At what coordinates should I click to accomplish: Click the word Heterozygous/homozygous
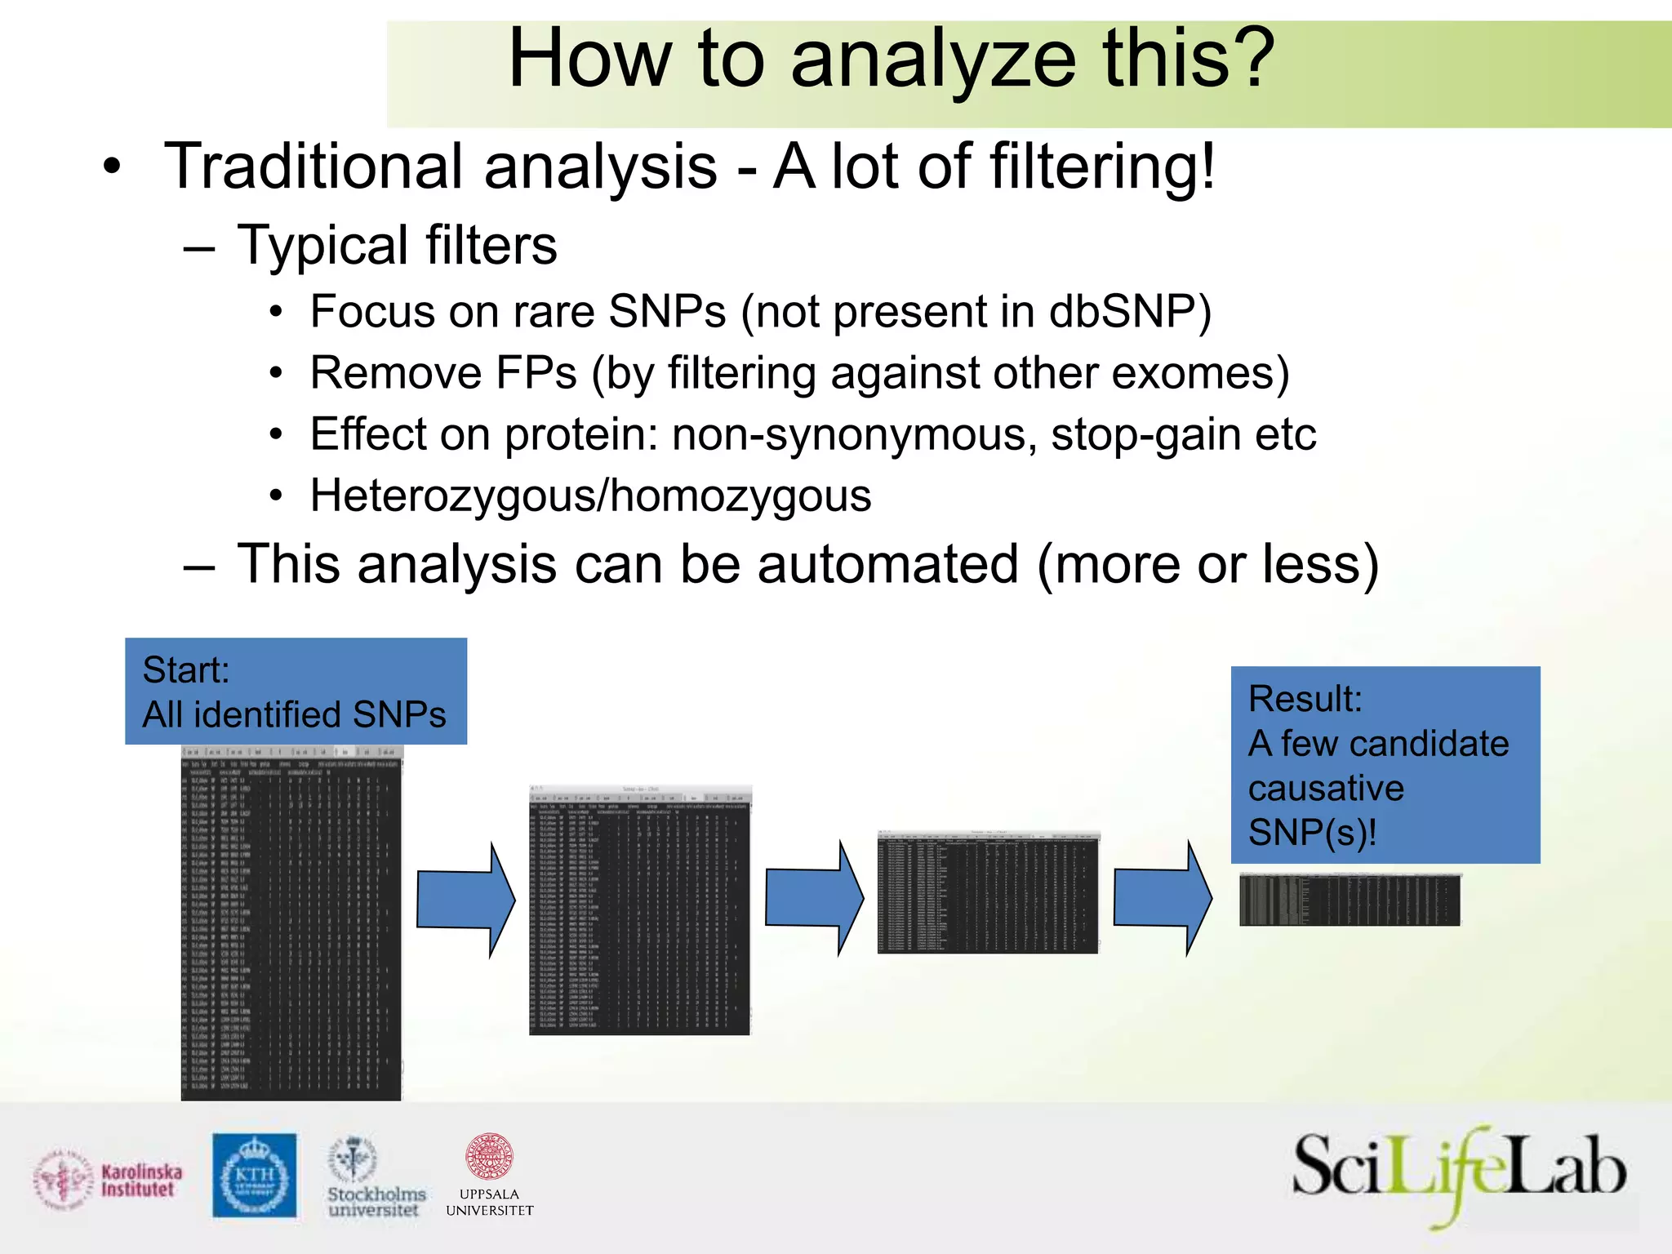pos(590,496)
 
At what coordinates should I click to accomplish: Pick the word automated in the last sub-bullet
pos(888,565)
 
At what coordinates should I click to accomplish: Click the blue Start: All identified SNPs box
pos(296,691)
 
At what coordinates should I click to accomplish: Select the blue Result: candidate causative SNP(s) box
pos(1385,765)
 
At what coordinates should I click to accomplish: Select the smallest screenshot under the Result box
pos(1349,900)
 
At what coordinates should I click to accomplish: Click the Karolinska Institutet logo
pos(109,1181)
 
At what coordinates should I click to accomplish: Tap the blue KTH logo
pos(255,1176)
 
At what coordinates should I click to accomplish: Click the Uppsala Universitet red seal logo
pos(489,1176)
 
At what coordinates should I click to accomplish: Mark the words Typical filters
pos(397,245)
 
